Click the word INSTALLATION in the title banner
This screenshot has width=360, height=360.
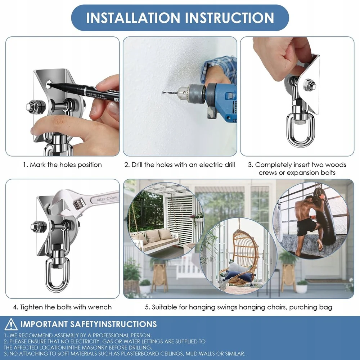pyautogui.click(x=133, y=18)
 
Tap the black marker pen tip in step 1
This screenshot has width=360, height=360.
pyautogui.click(x=49, y=85)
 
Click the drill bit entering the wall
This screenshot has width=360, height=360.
pyautogui.click(x=170, y=93)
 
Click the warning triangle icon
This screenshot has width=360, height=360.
pyautogui.click(x=11, y=324)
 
